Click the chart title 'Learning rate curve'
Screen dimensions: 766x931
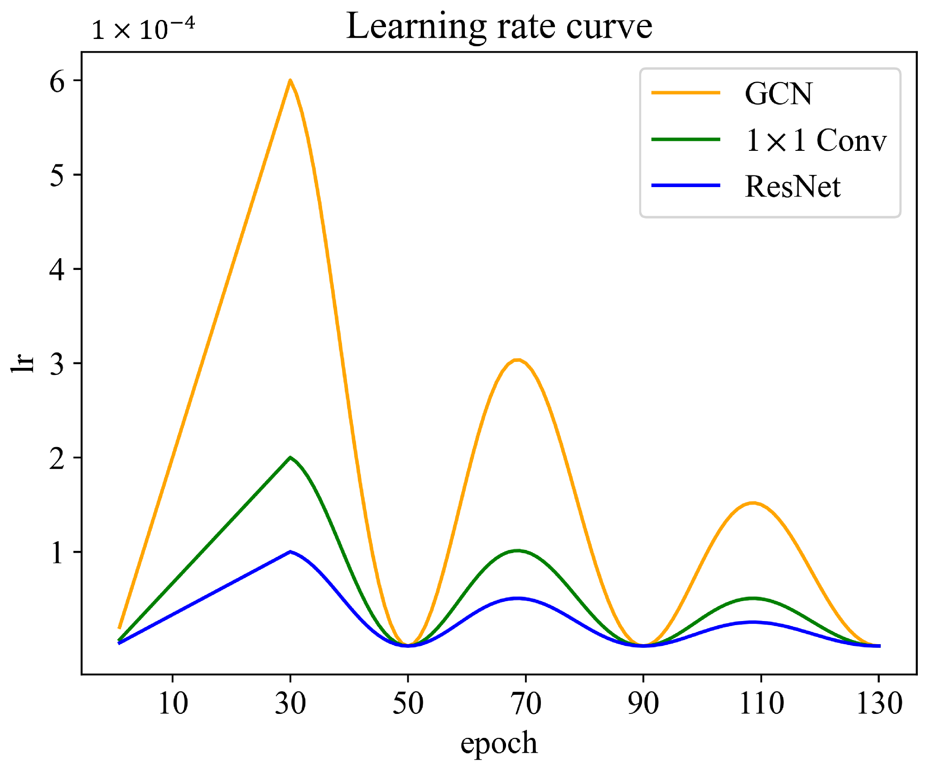[x=499, y=27]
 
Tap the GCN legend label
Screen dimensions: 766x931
[x=778, y=94]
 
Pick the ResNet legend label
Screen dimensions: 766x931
[x=792, y=186]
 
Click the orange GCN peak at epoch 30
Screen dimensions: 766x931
[x=290, y=81]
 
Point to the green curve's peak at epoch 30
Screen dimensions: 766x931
[x=290, y=458]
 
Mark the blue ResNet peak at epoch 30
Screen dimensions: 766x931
[x=290, y=552]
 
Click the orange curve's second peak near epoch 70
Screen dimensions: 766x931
[x=518, y=360]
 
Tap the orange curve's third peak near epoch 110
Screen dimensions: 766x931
[x=753, y=503]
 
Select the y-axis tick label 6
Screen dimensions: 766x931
[x=57, y=82]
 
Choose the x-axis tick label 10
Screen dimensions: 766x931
[x=173, y=703]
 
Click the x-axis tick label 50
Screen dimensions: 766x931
[x=408, y=703]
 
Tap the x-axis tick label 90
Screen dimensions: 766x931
[x=643, y=703]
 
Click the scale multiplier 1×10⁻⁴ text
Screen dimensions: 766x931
[x=143, y=29]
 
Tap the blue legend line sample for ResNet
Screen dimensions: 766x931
[x=685, y=185]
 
